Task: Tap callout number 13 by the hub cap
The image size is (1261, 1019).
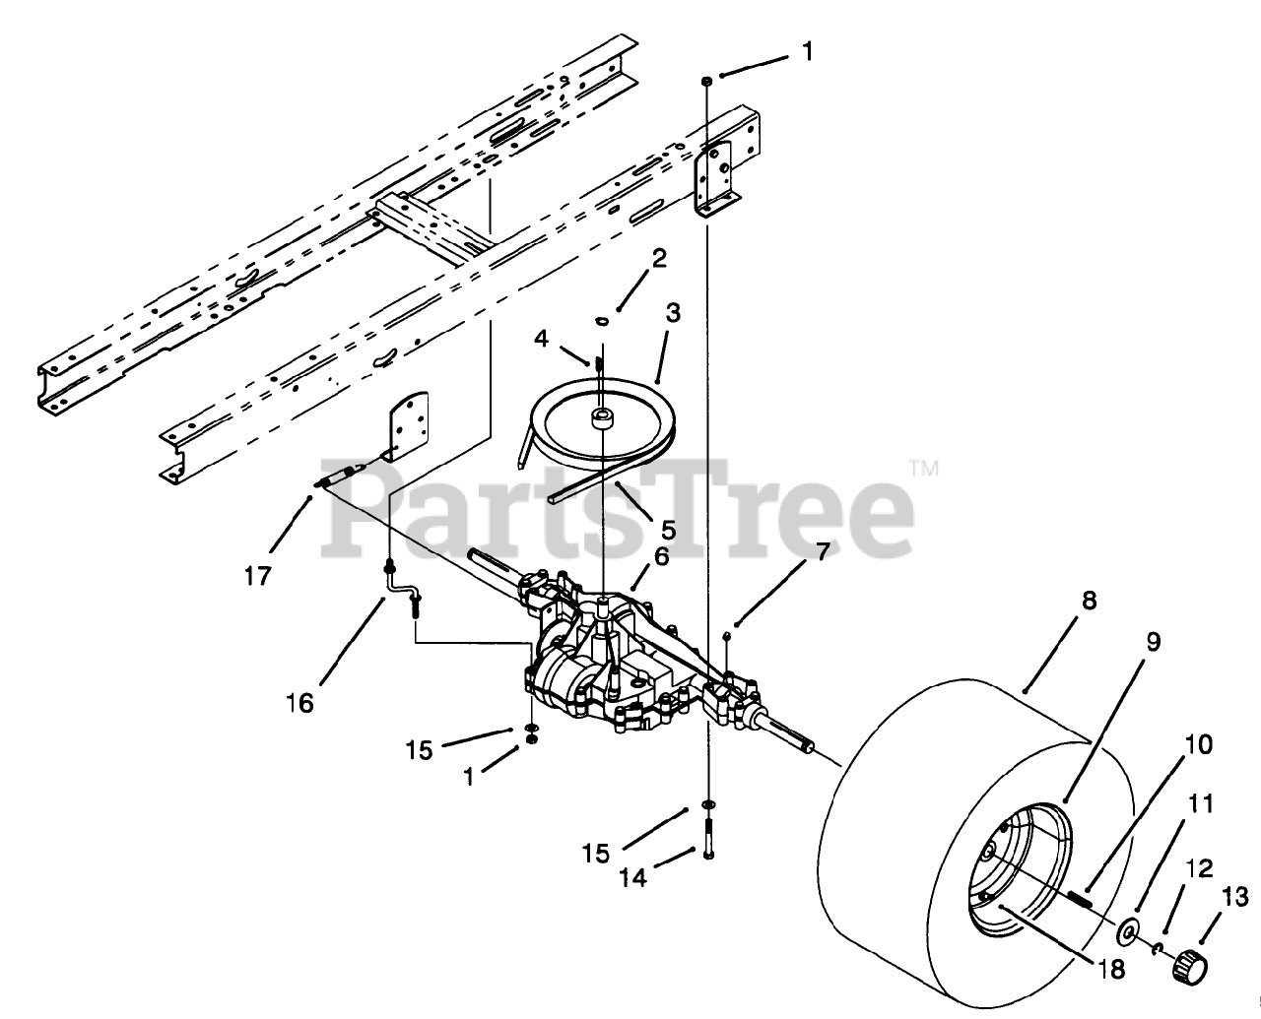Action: point(1235,897)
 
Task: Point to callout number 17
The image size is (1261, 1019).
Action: point(257,575)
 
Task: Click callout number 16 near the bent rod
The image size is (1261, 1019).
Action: point(299,703)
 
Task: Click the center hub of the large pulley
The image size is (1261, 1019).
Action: point(600,418)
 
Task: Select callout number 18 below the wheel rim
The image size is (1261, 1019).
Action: point(1111,969)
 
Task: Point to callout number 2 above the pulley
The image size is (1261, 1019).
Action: point(658,259)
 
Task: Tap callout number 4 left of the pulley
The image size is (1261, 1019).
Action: point(542,339)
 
